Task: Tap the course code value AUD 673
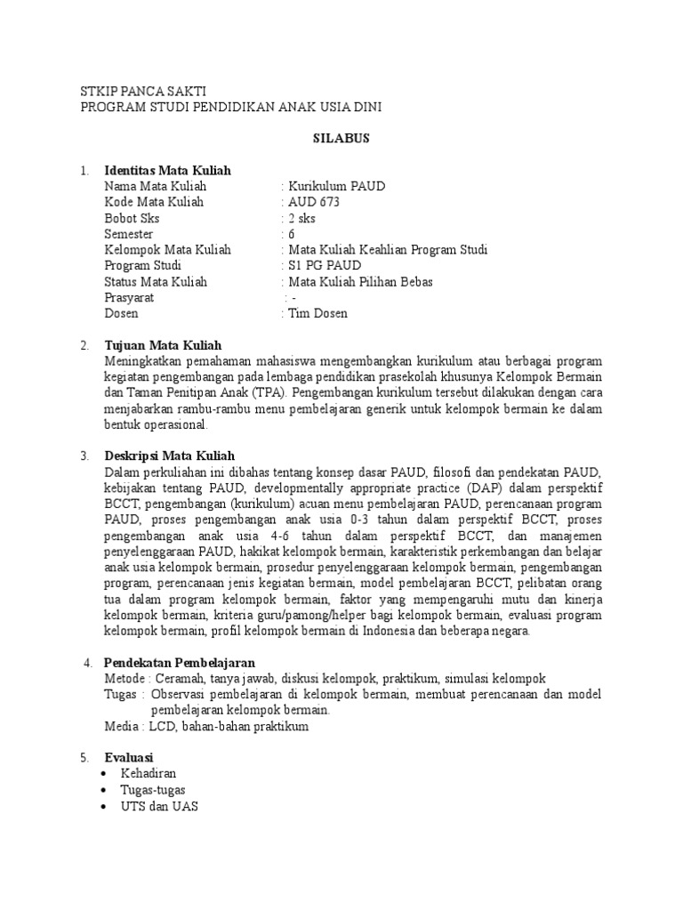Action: (312, 202)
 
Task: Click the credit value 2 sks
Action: (301, 218)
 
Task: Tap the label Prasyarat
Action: (129, 298)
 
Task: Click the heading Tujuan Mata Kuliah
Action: (163, 345)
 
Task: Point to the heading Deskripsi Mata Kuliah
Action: (169, 456)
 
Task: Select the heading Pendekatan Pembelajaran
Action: (180, 663)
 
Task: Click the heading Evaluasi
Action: (130, 758)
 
